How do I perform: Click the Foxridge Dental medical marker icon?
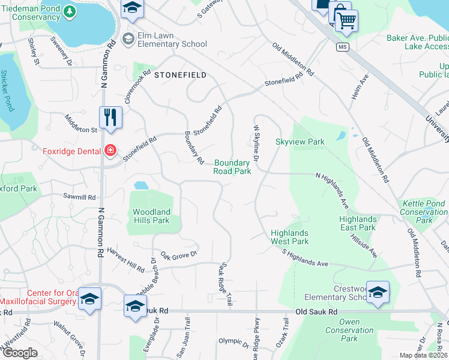point(110,150)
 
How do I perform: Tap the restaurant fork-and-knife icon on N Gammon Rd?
point(110,116)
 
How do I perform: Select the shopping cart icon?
point(346,20)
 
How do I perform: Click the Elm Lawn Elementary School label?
point(172,40)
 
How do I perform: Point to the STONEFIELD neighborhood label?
point(180,75)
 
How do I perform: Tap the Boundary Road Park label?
point(232,167)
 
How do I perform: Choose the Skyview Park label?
point(300,142)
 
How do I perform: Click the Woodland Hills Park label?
point(152,216)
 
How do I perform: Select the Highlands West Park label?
point(289,237)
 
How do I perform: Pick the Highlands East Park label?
point(357,223)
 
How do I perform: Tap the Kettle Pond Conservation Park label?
point(423,212)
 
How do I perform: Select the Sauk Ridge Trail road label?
point(225,284)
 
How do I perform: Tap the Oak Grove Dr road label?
point(179,256)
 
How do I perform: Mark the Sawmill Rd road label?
point(80,197)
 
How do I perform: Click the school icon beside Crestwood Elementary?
point(378,292)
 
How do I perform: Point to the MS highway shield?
point(343,47)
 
